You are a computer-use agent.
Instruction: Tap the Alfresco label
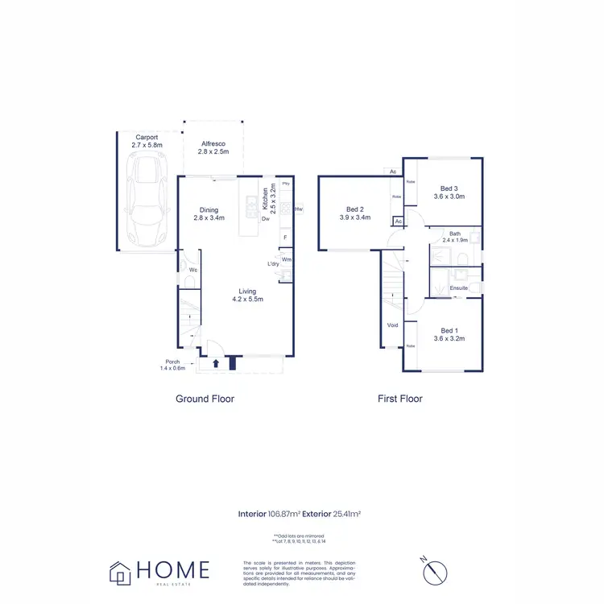213,143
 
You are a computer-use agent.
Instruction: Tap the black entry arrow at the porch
216,363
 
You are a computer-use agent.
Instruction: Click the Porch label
172,362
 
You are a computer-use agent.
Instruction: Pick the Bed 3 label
450,188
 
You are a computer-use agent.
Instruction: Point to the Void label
392,325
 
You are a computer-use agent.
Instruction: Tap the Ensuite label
459,288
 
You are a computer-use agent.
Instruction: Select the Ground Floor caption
205,399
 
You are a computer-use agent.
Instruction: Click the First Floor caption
400,399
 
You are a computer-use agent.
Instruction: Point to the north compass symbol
436,571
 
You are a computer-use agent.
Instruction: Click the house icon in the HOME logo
121,572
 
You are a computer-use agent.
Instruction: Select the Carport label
147,137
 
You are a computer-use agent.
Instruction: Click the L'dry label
273,264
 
